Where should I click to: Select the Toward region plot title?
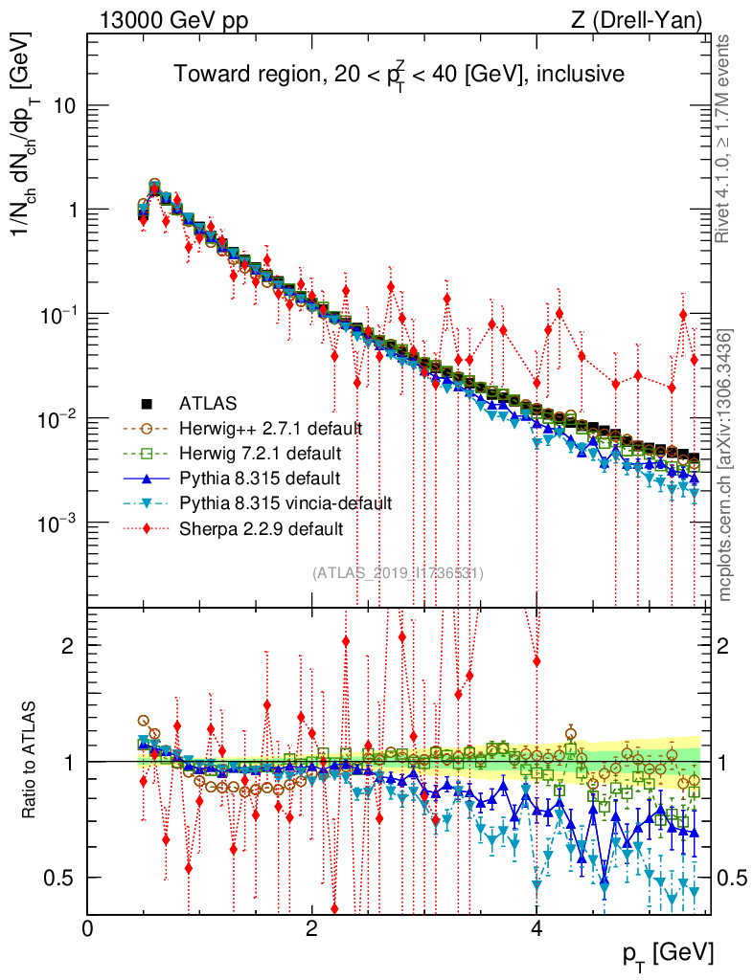pyautogui.click(x=399, y=74)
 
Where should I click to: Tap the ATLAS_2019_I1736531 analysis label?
pyautogui.click(x=398, y=573)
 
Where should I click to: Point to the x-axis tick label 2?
pyautogui.click(x=311, y=928)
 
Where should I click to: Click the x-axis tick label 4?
pyautogui.click(x=536, y=928)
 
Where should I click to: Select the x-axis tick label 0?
pyautogui.click(x=88, y=928)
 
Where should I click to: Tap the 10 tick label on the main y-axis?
pyautogui.click(x=64, y=105)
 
